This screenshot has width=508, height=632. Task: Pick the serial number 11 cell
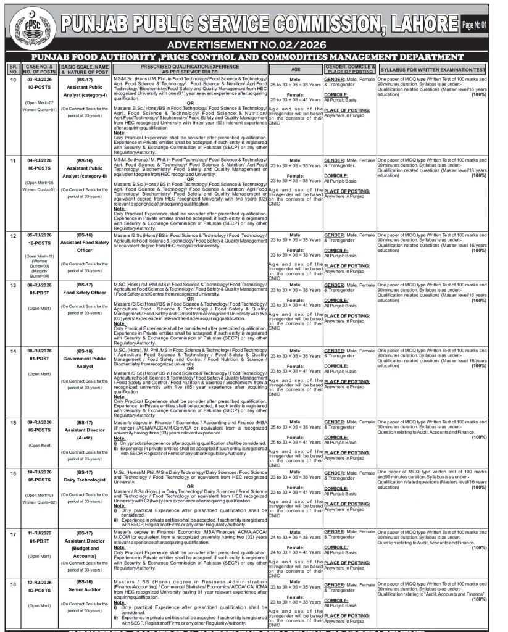[13, 160]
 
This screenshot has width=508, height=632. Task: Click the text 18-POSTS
[39, 243]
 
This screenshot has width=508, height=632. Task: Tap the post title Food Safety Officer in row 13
[85, 293]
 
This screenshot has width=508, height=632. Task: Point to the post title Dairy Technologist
[85, 480]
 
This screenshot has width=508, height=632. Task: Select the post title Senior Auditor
[85, 590]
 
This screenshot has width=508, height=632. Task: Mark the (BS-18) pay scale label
[85, 351]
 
